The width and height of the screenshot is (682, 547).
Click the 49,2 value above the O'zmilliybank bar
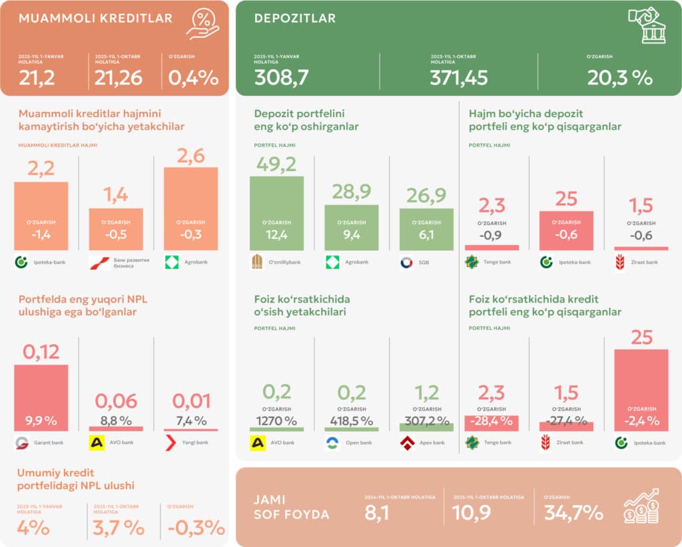[276, 165]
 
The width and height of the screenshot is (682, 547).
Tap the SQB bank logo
[406, 262]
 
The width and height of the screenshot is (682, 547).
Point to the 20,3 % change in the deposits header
[619, 78]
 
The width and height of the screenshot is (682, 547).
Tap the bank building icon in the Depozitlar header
[647, 25]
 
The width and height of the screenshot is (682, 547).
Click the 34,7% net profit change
[573, 513]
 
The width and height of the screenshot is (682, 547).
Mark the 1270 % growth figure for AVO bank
[276, 421]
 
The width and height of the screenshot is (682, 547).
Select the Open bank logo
[332, 443]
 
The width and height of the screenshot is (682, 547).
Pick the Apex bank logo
[407, 443]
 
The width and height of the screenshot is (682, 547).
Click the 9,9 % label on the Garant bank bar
[41, 421]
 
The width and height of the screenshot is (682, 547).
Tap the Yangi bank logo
[170, 443]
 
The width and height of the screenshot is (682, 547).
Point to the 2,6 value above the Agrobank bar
[190, 156]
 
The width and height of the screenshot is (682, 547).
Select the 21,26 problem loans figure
[118, 78]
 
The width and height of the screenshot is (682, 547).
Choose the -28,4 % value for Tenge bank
[491, 421]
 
